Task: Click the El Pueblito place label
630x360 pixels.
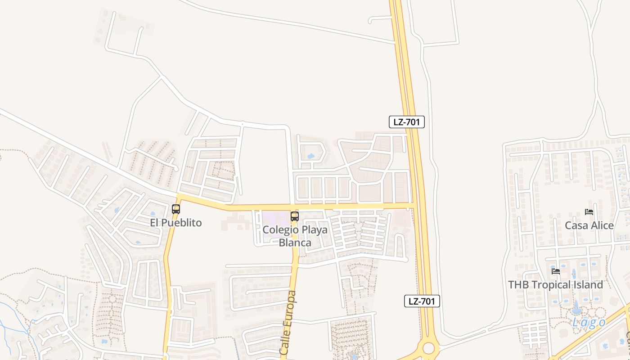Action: [175, 223]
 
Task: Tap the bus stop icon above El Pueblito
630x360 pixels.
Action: [176, 209]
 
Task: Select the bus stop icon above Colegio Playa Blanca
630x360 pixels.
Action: [295, 216]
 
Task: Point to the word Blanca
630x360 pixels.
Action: [295, 243]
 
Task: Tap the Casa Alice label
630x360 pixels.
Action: [589, 225]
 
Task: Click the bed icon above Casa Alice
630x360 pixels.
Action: [589, 212]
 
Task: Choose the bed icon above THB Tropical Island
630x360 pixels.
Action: [556, 271]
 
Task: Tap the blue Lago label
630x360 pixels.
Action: [589, 323]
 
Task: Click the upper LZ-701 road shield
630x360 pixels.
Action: [407, 122]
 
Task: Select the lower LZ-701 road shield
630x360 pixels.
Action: [422, 301]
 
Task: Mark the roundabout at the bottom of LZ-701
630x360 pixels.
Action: [428, 348]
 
